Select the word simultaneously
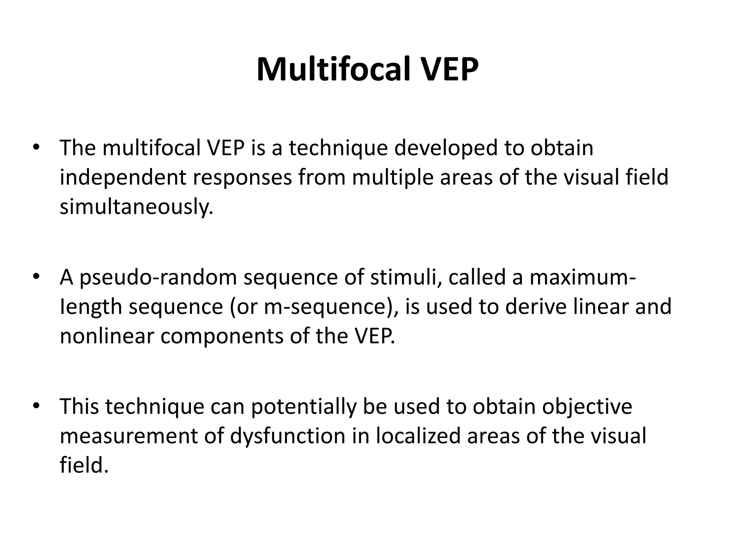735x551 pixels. click(x=136, y=207)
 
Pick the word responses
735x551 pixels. click(x=243, y=178)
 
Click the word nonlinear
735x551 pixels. click(x=107, y=336)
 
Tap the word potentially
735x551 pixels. click(x=304, y=407)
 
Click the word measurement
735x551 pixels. click(x=129, y=436)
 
